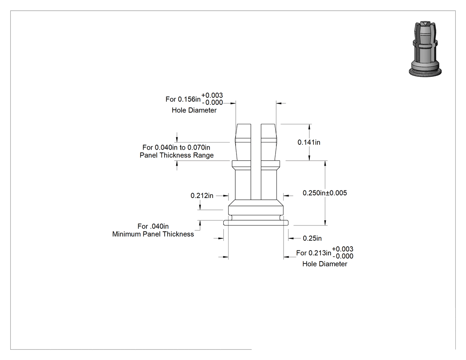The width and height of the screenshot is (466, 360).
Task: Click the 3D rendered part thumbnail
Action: click(x=425, y=49)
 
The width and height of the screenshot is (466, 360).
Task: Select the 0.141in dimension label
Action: click(x=309, y=142)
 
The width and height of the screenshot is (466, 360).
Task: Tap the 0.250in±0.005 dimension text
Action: click(x=324, y=193)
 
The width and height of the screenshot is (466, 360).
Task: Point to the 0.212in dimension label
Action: click(x=202, y=196)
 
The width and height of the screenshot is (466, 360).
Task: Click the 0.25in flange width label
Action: click(x=312, y=238)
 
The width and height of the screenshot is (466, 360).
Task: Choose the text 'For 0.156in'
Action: click(x=183, y=99)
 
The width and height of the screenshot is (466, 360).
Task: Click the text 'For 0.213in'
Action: click(x=313, y=253)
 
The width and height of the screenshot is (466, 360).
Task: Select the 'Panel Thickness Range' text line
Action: click(x=177, y=155)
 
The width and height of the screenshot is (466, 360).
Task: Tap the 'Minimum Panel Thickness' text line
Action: click(x=153, y=234)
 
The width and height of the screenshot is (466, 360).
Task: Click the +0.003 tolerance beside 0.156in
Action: click(x=212, y=95)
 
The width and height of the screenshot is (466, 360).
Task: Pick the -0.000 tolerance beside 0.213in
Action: click(x=343, y=256)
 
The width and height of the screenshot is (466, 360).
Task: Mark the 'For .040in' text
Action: click(x=153, y=226)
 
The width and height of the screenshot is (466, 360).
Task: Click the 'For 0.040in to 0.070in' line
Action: click(x=176, y=147)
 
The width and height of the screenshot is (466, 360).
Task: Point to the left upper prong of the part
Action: click(x=243, y=142)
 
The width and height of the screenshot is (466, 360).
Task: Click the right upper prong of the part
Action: click(x=269, y=142)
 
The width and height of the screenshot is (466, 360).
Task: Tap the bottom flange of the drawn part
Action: click(x=256, y=223)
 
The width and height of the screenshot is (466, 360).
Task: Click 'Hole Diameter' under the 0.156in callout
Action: click(x=194, y=110)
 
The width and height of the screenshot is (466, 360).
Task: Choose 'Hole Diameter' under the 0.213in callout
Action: click(x=324, y=264)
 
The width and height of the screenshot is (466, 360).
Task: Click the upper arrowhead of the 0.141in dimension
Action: click(x=309, y=127)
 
